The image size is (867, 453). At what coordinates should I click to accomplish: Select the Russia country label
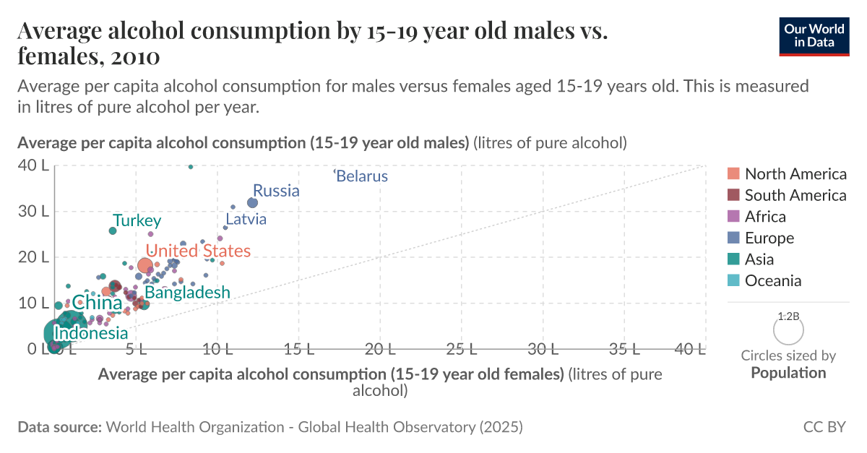[x=276, y=191]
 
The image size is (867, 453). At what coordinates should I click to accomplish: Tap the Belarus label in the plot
[x=362, y=176]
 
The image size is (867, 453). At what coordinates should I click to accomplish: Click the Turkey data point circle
[x=113, y=231]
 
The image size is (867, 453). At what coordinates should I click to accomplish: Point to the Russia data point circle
[x=252, y=203]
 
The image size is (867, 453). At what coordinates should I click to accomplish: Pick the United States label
[x=199, y=251]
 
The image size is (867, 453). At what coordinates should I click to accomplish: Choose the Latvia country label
[x=246, y=219]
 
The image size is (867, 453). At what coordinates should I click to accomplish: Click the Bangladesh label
[x=187, y=293]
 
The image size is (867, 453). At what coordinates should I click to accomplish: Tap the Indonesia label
[x=91, y=334]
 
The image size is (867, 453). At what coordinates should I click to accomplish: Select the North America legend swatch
[x=733, y=174]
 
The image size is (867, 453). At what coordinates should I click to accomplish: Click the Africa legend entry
[x=765, y=217]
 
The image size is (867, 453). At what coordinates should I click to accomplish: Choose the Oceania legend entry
[x=773, y=281]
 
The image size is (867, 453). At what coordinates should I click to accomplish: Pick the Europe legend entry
[x=769, y=238]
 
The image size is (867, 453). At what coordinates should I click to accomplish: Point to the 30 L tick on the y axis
[x=33, y=212]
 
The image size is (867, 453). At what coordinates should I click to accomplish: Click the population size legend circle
[x=788, y=331]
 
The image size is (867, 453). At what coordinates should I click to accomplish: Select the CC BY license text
[x=824, y=427]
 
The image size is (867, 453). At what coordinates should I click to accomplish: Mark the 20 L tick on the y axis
[x=33, y=257]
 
